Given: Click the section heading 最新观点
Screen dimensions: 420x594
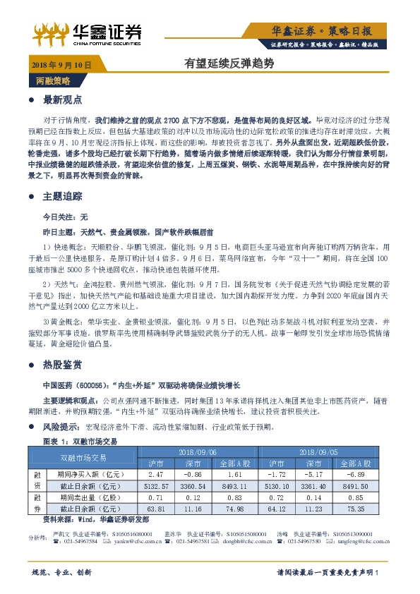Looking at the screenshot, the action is tap(63, 99).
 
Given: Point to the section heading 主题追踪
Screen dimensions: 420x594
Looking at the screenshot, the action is tap(63, 195).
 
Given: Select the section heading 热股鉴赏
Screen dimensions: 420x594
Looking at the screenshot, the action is tap(63, 365).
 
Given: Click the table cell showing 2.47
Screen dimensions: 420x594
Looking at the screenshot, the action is tap(156, 475).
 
